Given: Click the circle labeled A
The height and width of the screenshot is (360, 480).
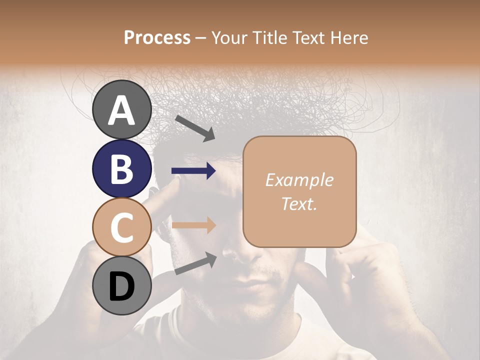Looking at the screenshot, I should coord(122,109).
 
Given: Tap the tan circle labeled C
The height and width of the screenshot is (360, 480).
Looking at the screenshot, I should coord(122,227).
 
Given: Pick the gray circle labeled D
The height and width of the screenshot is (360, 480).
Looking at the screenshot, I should coord(122,286).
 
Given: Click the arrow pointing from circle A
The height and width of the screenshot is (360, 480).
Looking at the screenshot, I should coord(195,128).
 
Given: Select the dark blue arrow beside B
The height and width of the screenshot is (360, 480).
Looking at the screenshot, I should coord(194,171).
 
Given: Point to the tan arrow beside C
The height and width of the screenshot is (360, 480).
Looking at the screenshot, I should coord(194,225).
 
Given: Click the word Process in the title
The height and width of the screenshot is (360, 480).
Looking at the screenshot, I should coord(157,37).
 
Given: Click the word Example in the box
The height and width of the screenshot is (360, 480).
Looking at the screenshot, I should coord(299,180).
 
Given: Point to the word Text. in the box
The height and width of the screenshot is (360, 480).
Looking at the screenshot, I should coord(299,203).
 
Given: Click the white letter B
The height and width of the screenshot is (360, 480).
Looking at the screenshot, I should coord(121,168).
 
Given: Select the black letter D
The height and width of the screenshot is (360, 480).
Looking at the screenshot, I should coord(121,286).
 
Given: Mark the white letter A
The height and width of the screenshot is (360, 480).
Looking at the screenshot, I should coord(121,110).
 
